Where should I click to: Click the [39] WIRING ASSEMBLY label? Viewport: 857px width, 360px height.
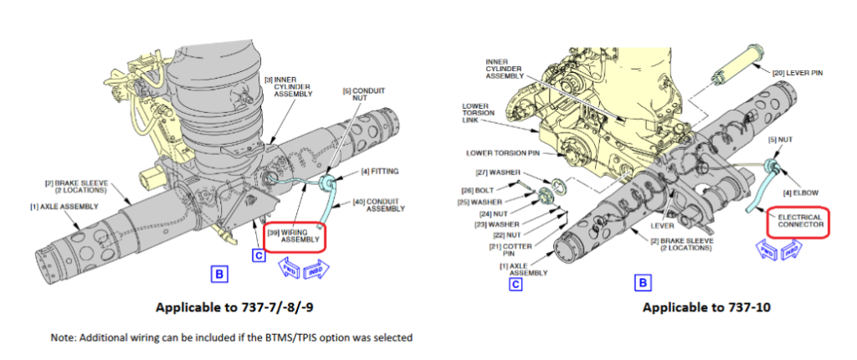[x=294, y=234]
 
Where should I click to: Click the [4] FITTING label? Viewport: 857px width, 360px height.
[x=380, y=172]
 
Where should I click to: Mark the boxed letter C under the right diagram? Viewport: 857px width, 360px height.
[x=516, y=284]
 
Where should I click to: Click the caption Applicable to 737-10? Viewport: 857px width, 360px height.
[x=706, y=306]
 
